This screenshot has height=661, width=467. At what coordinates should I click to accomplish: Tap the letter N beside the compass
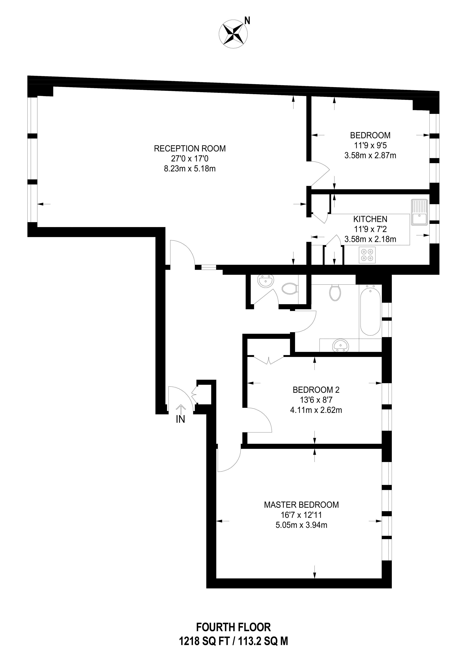pos(247,20)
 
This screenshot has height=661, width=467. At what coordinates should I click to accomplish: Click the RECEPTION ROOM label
pos(190,148)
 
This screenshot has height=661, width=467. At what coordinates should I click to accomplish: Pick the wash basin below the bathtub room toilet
pos(340,345)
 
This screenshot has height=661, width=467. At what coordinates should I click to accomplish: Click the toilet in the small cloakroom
pos(289,289)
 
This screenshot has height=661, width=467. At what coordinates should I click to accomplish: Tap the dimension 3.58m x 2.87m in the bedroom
pos(370,155)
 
